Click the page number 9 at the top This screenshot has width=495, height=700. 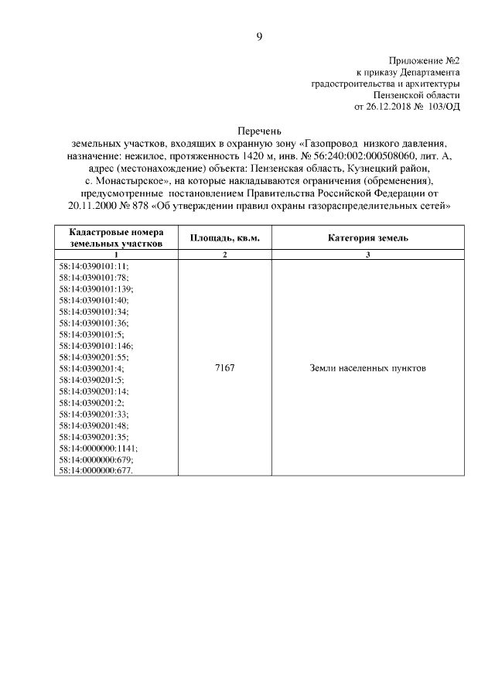(x=260, y=36)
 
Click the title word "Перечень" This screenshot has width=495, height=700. (x=259, y=131)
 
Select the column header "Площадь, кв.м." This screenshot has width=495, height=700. (x=224, y=238)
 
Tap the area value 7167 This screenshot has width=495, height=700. (x=224, y=368)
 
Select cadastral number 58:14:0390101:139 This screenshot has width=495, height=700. (x=96, y=288)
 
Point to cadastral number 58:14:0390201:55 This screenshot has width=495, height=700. (x=94, y=357)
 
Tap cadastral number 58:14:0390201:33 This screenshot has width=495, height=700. (x=94, y=415)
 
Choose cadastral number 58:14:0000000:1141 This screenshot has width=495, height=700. (x=98, y=449)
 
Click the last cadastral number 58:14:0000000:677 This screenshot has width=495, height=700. (x=96, y=471)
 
